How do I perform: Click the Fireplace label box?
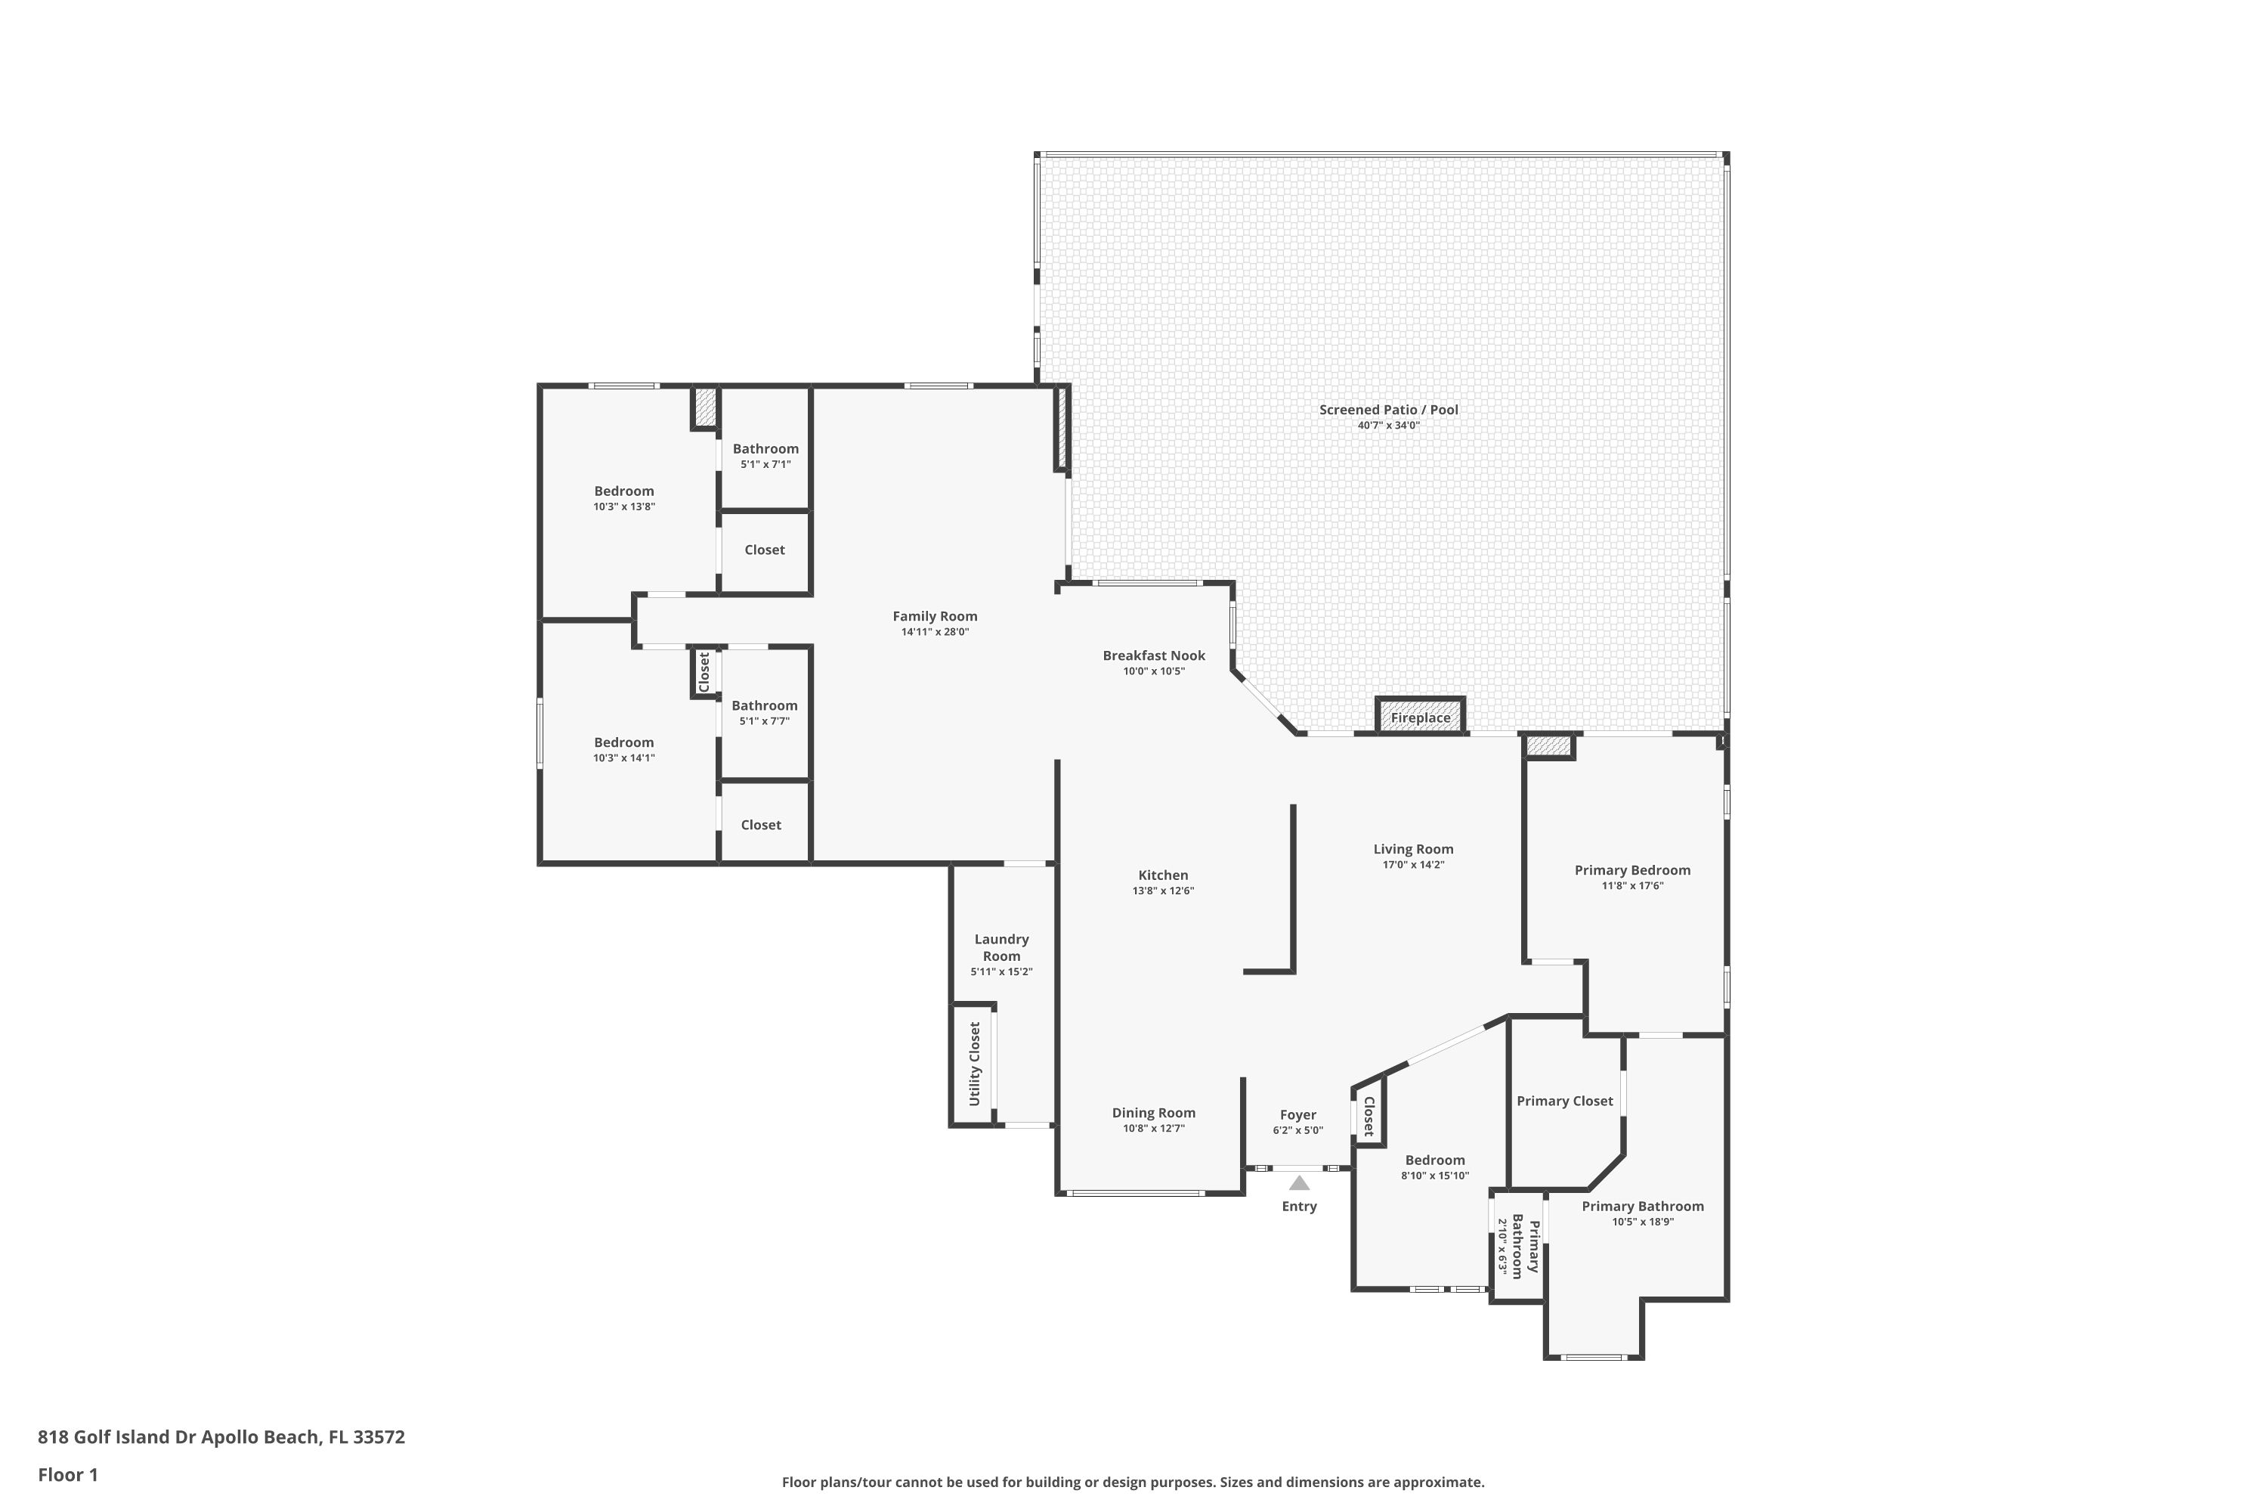(1420, 717)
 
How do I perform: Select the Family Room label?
(935, 616)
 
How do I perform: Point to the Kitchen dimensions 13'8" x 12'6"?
(1164, 891)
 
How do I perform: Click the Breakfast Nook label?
(1154, 655)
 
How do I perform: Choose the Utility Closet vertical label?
(975, 1064)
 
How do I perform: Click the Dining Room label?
(1154, 1113)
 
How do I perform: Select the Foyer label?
(1298, 1114)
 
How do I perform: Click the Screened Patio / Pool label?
(1389, 410)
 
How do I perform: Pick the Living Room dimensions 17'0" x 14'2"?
(1413, 865)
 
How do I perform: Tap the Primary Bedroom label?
(1633, 870)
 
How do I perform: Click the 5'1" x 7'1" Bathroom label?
(765, 456)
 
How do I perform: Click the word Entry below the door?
(1299, 1207)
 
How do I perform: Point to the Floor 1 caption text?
(69, 1474)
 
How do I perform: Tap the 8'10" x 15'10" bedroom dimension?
(1435, 1176)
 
